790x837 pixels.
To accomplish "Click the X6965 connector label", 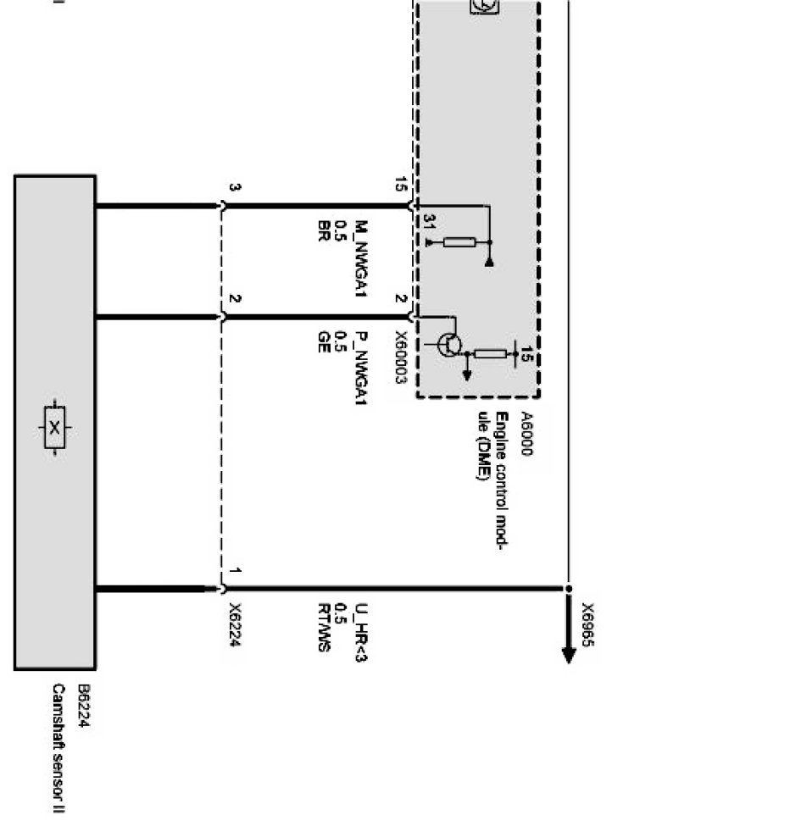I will click(x=587, y=625).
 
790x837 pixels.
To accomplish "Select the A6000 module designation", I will click(x=526, y=435).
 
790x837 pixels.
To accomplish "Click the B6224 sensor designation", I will click(x=83, y=707).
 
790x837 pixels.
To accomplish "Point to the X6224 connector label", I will click(x=235, y=625).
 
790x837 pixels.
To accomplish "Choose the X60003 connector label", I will click(x=400, y=357).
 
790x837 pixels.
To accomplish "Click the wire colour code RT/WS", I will click(x=324, y=627).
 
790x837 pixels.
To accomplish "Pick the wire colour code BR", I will click(x=323, y=231).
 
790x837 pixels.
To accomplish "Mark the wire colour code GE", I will click(x=323, y=341).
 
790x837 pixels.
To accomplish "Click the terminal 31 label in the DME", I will click(x=429, y=222).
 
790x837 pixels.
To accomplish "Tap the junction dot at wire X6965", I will click(x=569, y=588).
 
